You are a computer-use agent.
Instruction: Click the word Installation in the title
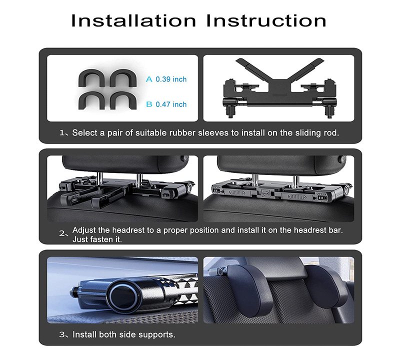pyautogui.click(x=133, y=20)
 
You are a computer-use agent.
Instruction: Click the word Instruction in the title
pyautogui.click(x=266, y=20)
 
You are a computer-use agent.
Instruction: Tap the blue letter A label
pyautogui.click(x=149, y=79)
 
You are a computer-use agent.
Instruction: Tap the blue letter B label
pyautogui.click(x=149, y=104)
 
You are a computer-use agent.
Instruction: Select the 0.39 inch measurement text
pyautogui.click(x=171, y=79)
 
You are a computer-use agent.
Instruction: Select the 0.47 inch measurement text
pyautogui.click(x=171, y=104)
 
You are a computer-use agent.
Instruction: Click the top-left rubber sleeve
pyautogui.click(x=92, y=78)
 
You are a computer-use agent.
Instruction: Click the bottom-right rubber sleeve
pyautogui.click(x=123, y=100)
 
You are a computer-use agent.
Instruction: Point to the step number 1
pyautogui.click(x=62, y=132)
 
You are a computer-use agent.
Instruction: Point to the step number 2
pyautogui.click(x=62, y=233)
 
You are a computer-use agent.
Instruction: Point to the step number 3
pyautogui.click(x=62, y=334)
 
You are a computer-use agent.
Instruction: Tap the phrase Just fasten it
pyautogui.click(x=97, y=239)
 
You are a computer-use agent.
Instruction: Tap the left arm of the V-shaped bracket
pyautogui.click(x=253, y=69)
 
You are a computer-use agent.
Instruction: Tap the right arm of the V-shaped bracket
pyautogui.click(x=306, y=69)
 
